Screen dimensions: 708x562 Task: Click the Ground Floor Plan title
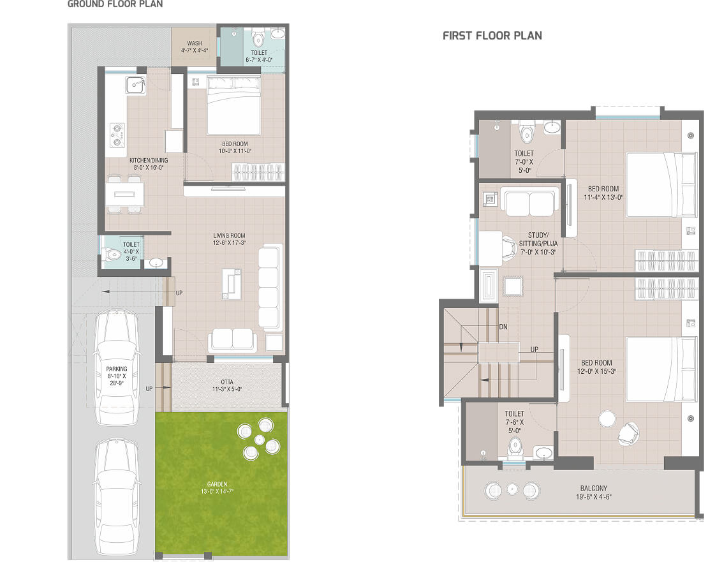(x=115, y=4)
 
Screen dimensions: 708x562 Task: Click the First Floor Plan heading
(x=492, y=36)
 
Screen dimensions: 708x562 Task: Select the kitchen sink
(x=135, y=84)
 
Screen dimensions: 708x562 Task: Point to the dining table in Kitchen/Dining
(x=124, y=194)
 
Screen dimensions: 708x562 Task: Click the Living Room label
(x=230, y=235)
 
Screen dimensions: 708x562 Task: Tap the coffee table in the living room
(x=231, y=284)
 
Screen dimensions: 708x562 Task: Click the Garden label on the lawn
(x=218, y=484)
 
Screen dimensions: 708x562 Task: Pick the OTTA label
(x=227, y=382)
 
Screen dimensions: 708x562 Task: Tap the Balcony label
(x=594, y=489)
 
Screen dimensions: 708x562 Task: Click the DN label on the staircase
(x=503, y=327)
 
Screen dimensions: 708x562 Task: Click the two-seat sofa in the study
(x=530, y=203)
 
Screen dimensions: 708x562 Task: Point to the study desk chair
(x=509, y=247)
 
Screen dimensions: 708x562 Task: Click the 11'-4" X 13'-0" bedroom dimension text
(x=603, y=197)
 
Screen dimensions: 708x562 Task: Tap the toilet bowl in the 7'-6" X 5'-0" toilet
(x=515, y=447)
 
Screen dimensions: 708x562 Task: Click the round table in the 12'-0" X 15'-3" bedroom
(x=607, y=418)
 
